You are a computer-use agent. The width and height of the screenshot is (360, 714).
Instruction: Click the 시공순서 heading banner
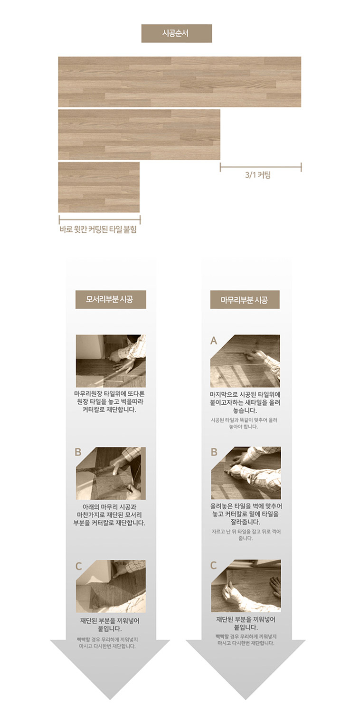point(177,33)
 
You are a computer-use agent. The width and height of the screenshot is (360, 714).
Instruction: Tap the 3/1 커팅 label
point(258,175)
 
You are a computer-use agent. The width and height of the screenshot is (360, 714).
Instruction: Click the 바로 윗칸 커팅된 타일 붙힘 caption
point(98,229)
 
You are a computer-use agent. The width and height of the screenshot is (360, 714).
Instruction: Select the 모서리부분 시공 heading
point(111,299)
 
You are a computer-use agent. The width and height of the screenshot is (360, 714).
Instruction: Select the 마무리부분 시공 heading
point(245,299)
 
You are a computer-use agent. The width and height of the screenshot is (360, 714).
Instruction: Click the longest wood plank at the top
point(180,82)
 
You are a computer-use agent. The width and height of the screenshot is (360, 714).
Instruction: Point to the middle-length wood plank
point(139,134)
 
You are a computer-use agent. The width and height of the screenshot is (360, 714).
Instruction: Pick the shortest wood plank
point(99,187)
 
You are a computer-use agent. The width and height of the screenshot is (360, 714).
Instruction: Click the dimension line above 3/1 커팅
point(261,167)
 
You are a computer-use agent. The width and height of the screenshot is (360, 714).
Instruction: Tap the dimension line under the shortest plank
point(100,219)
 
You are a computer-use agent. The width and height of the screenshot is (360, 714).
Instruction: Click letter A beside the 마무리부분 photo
point(213,341)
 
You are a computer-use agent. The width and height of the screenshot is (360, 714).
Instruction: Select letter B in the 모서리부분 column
point(78,452)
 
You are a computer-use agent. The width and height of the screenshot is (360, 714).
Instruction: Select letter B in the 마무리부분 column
point(214,452)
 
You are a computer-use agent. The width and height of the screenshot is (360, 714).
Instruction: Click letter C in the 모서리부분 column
point(78,566)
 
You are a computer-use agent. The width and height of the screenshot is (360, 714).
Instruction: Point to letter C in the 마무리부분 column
point(213,565)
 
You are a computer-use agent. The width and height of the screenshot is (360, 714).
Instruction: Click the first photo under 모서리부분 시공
point(111,361)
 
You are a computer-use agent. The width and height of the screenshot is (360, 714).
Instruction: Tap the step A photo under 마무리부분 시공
point(246,361)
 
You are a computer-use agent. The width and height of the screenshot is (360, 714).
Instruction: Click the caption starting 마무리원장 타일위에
point(109,402)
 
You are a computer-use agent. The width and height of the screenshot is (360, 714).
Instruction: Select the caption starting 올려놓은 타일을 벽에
point(246,514)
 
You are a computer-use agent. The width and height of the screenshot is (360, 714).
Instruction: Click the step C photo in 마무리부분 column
point(246,586)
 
